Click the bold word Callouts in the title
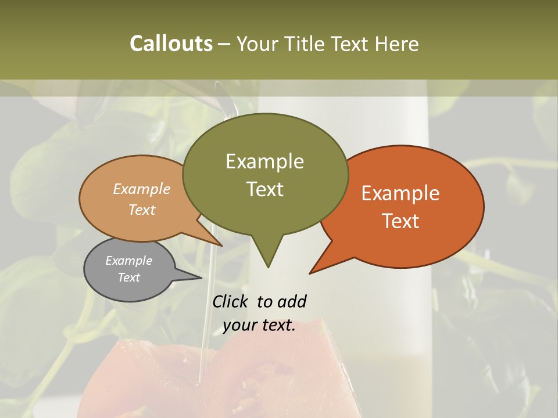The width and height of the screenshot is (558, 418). click(x=171, y=44)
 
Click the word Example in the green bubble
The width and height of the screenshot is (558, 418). click(x=264, y=161)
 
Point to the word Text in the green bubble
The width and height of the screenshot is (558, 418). click(x=264, y=189)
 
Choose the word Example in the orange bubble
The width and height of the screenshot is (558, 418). click(x=400, y=193)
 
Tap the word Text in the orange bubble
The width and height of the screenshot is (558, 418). click(x=400, y=221)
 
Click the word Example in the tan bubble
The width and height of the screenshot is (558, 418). click(x=142, y=189)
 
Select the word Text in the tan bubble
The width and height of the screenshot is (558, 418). click(x=142, y=210)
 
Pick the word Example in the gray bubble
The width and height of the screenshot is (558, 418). click(x=128, y=261)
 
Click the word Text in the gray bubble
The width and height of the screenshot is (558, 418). click(x=128, y=278)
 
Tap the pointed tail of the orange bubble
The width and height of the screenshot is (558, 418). click(x=312, y=272)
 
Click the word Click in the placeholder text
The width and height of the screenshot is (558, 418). click(x=231, y=301)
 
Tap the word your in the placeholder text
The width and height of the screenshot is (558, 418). click(x=240, y=326)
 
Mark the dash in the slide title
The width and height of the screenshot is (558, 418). click(x=224, y=44)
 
